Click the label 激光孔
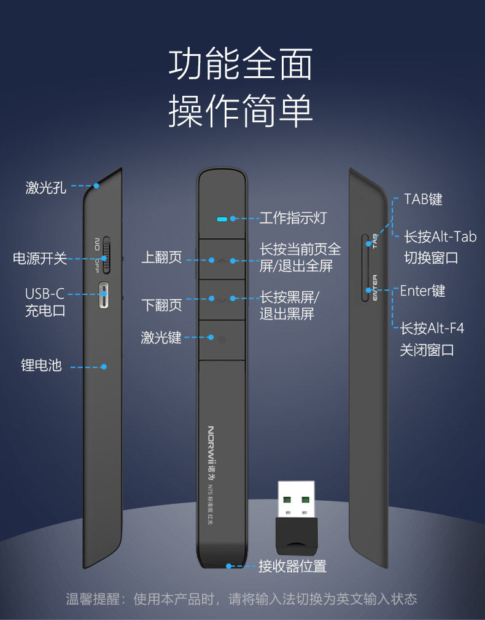click(45, 187)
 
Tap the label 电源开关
click(40, 259)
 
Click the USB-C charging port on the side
click(104, 297)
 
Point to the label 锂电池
click(42, 366)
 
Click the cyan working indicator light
click(222, 218)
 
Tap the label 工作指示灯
click(293, 218)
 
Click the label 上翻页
click(161, 258)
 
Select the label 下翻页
click(161, 304)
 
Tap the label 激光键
click(161, 337)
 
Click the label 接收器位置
click(292, 567)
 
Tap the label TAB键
click(423, 199)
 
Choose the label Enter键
click(422, 291)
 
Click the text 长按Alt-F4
click(432, 328)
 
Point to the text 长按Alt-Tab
click(440, 237)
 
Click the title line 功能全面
click(241, 65)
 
